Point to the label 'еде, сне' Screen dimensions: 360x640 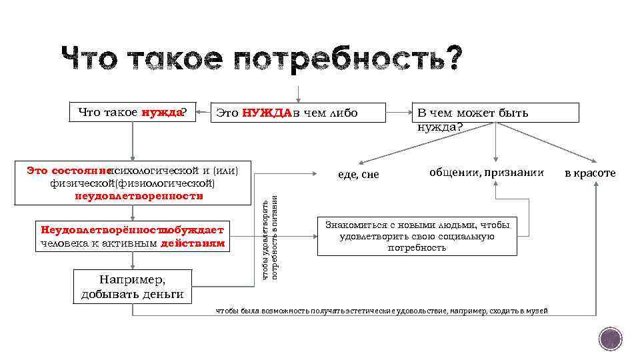tap(358, 174)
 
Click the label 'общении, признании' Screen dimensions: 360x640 tap(487, 172)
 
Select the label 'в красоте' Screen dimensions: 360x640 tap(590, 173)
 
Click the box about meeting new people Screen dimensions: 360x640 tap(417, 236)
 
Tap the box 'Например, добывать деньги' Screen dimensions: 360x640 tap(132, 286)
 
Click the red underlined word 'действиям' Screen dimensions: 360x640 tap(193, 243)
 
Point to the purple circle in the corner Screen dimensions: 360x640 tap(610, 339)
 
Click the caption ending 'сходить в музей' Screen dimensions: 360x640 tap(381, 311)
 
